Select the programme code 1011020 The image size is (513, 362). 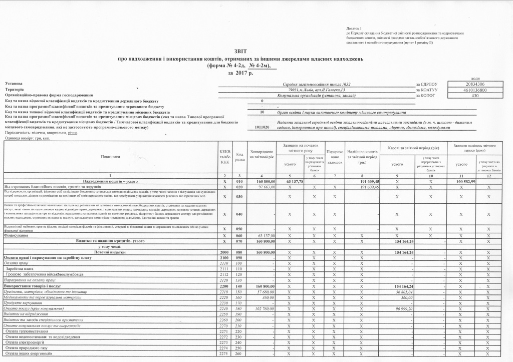[262, 128]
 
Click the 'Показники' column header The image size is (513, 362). [110, 157]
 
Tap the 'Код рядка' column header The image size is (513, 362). [239, 157]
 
